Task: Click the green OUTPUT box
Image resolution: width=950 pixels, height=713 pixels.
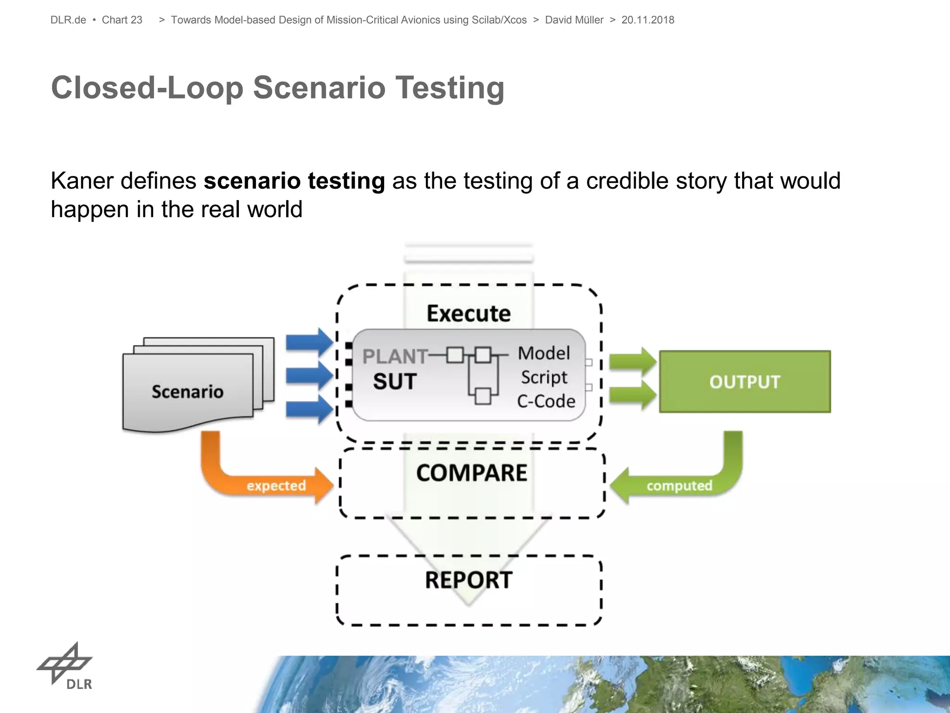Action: point(745,382)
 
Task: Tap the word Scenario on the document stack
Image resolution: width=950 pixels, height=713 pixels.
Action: point(187,392)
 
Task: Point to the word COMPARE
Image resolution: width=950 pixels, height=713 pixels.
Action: point(471,473)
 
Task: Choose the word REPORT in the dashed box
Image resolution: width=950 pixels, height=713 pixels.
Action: point(469,580)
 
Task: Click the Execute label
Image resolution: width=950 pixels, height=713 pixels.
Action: point(469,313)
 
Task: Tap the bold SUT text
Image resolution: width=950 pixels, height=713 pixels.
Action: point(395,382)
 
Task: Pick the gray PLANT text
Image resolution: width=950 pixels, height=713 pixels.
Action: point(394,356)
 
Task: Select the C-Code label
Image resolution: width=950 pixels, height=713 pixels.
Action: point(546,401)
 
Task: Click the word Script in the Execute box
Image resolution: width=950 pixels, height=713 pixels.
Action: point(544,377)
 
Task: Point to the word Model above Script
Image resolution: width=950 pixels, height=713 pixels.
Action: point(544,353)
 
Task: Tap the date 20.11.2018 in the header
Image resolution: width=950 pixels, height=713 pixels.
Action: point(648,20)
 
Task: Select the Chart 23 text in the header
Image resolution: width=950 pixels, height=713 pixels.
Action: point(122,20)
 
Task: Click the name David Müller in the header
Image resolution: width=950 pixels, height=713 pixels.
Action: point(574,20)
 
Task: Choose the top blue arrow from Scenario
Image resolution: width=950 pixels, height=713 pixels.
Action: point(309,342)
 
